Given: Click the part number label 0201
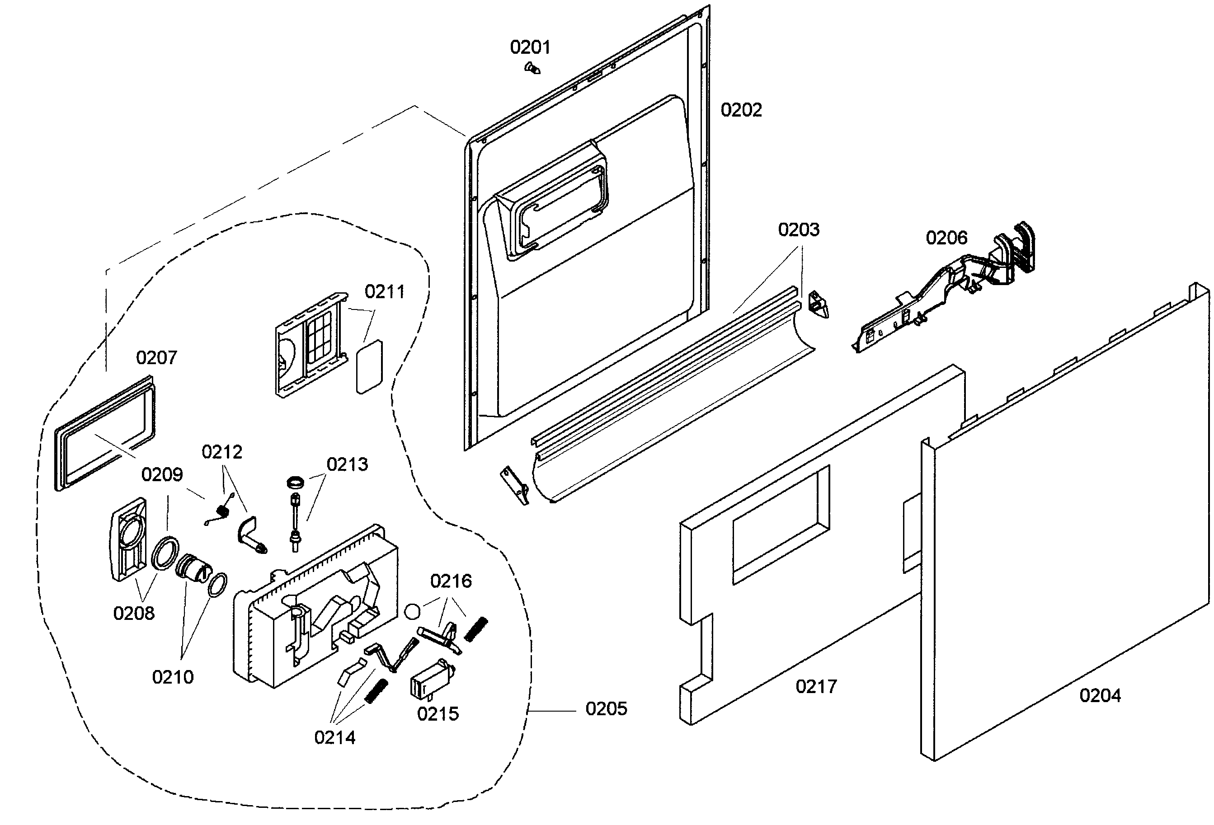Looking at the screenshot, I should [x=530, y=47].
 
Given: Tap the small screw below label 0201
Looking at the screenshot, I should [x=532, y=68].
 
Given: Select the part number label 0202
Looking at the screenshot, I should [x=741, y=110].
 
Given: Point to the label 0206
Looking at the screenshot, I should [x=946, y=238].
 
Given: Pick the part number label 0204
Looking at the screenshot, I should [x=1100, y=695].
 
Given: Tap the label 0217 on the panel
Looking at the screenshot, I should [x=815, y=686].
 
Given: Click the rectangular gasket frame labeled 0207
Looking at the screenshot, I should [x=104, y=433].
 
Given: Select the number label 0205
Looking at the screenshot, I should [x=606, y=708].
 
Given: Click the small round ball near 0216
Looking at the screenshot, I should [x=412, y=611].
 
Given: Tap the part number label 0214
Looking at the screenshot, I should [x=334, y=737].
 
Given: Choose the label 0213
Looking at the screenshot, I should [x=347, y=464].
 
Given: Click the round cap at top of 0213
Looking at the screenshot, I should [x=296, y=482].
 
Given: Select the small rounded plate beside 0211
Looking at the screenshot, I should [x=369, y=367].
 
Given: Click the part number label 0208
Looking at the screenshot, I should [x=134, y=613].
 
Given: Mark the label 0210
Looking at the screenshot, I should [x=172, y=677].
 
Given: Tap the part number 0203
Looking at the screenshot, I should [x=798, y=230].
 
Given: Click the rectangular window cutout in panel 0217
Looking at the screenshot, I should [x=781, y=524].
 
